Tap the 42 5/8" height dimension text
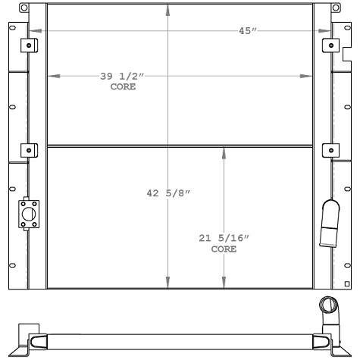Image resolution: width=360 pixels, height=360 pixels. coord(167,193)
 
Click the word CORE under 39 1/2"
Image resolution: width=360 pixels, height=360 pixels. coord(122,87)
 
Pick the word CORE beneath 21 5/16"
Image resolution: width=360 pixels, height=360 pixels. coord(223,249)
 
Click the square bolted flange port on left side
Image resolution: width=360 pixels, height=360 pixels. coord(28,215)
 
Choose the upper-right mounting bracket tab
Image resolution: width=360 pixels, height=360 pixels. coord(331,45)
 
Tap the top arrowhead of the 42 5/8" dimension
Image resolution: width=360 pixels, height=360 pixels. coord(168,9)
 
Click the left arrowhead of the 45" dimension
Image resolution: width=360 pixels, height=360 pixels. coord(32,31)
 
